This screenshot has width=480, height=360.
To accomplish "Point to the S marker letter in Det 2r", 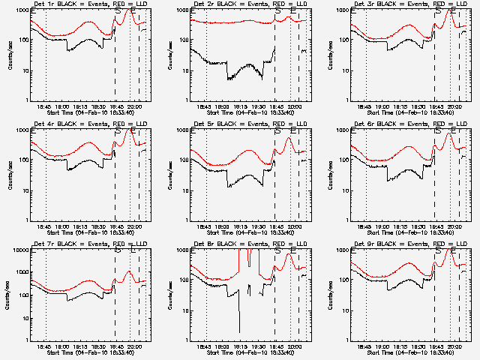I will point(277,10).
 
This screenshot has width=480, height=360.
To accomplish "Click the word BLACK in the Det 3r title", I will point(385,4).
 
